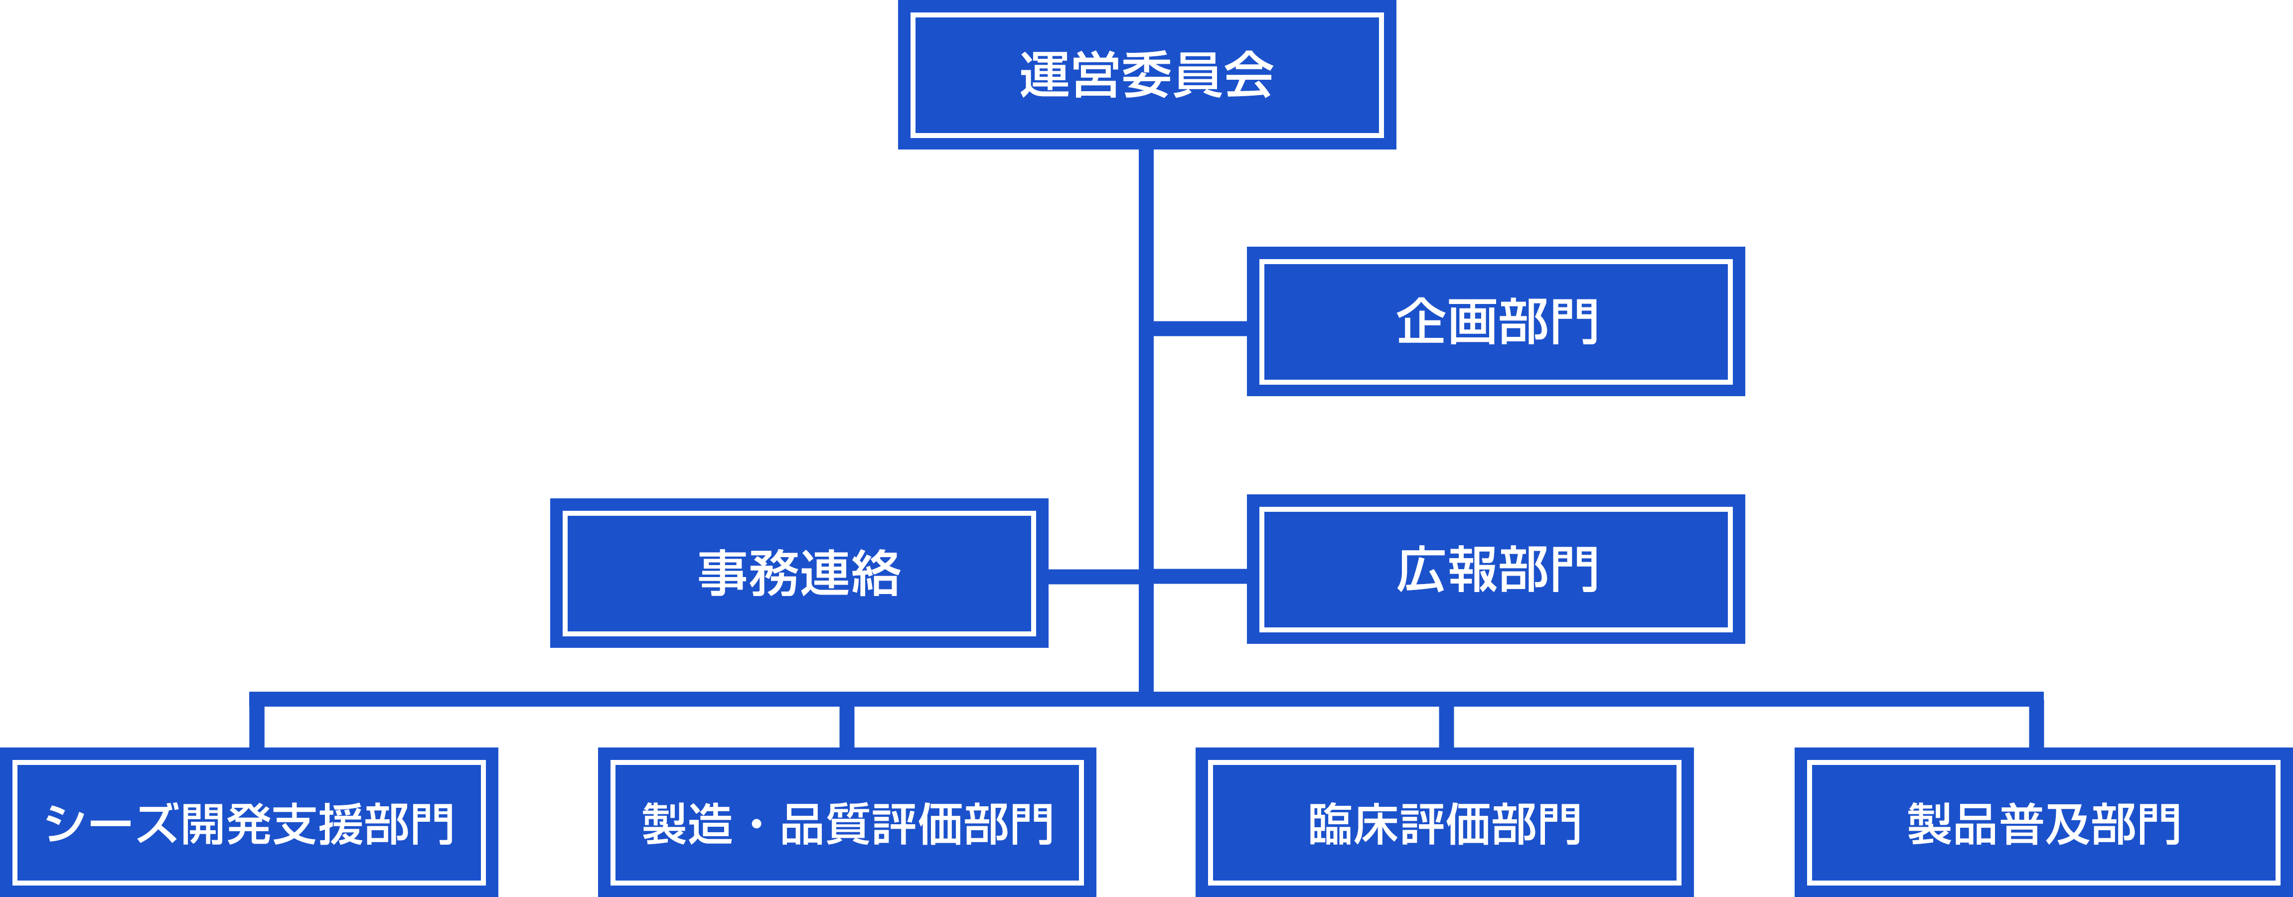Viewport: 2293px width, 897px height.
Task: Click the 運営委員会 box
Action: coord(1146,75)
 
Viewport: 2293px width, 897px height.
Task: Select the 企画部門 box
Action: coord(1496,321)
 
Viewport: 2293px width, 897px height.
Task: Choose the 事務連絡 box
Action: coord(798,573)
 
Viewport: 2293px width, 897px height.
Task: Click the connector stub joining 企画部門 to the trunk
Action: coord(1201,328)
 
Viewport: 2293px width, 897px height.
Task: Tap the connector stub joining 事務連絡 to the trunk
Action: coord(1093,577)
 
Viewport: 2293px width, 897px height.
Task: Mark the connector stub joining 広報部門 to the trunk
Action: coord(1201,577)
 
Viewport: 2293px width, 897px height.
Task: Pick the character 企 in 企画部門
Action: coord(1421,321)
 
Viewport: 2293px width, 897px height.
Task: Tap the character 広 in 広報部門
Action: coord(1421,570)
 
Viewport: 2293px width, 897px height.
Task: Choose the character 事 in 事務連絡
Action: coord(723,573)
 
